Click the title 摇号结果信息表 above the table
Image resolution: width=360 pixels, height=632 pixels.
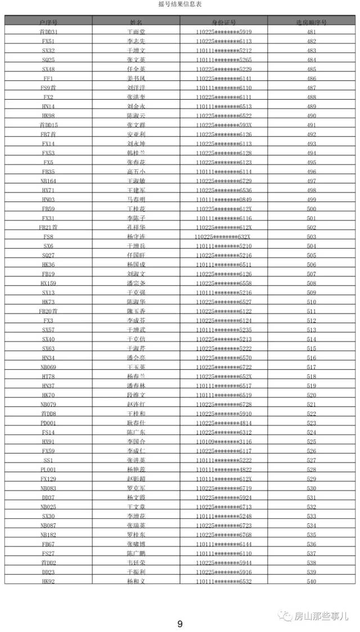click(x=180, y=4)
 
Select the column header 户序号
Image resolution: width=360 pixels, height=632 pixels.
click(x=48, y=21)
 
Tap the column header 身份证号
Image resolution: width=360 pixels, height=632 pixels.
click(x=224, y=21)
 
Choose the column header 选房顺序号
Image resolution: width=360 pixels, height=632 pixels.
click(x=311, y=21)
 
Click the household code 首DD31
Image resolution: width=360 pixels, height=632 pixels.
click(x=48, y=32)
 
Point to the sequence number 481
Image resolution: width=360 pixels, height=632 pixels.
click(x=311, y=32)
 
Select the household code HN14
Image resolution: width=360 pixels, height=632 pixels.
click(x=48, y=106)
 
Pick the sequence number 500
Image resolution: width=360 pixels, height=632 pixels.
click(x=311, y=209)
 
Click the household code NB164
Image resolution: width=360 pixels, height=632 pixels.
click(x=48, y=181)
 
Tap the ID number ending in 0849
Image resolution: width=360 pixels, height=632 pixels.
click(x=224, y=200)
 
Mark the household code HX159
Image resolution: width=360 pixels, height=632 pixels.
click(x=48, y=283)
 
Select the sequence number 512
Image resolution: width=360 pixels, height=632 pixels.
click(x=311, y=321)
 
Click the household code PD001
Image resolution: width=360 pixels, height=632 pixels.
click(x=48, y=423)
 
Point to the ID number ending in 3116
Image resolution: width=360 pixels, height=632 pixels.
click(x=224, y=442)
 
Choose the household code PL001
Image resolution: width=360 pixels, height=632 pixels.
click(x=48, y=469)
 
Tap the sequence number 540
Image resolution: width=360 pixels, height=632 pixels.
click(x=311, y=581)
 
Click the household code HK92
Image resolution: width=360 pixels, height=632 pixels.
click(x=48, y=581)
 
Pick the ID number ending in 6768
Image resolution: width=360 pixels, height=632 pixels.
click(x=224, y=535)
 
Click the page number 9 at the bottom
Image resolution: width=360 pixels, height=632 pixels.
click(x=180, y=624)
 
